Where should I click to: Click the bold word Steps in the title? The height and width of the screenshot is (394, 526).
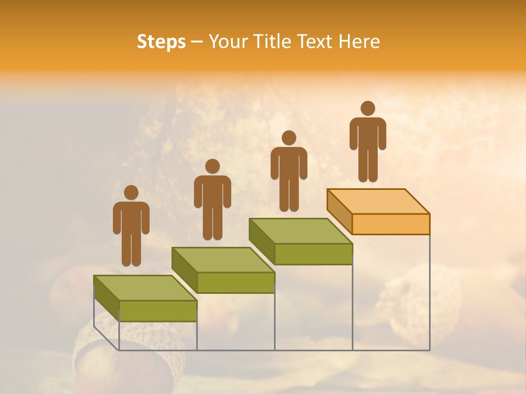tap(161, 42)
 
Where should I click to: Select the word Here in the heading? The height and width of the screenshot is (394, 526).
tap(359, 42)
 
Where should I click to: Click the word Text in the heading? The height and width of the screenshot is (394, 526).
tap(317, 42)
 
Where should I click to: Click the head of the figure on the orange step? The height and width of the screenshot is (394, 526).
tap(368, 108)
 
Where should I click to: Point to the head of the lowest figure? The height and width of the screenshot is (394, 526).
tap(131, 193)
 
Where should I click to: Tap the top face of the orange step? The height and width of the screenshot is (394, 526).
tap(378, 201)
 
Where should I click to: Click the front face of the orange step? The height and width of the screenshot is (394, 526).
tap(391, 224)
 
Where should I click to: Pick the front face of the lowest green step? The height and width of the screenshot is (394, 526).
tap(158, 311)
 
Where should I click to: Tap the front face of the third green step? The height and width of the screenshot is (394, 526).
tap(313, 254)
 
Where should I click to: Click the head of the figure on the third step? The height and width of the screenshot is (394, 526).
tap(289, 138)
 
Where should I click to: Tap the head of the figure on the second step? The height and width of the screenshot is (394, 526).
tap(212, 166)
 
